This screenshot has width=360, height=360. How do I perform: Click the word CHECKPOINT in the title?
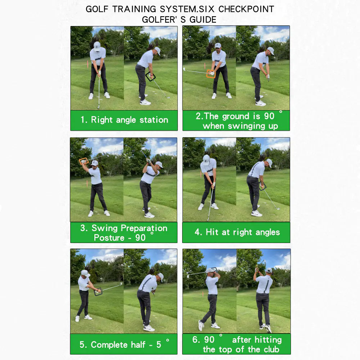[246, 9]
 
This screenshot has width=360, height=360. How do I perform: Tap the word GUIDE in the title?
[203, 19]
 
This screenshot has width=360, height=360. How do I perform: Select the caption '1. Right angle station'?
[124, 120]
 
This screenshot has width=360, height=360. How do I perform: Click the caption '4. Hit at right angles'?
[237, 232]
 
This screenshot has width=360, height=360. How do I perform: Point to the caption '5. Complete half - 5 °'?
[124, 345]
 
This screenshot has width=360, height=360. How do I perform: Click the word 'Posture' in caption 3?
[109, 238]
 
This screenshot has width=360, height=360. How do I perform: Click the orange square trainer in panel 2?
[211, 73]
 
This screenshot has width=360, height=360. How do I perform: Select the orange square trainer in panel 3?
[84, 161]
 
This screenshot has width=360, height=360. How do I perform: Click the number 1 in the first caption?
[83, 120]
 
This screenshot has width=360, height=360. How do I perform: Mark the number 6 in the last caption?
[195, 340]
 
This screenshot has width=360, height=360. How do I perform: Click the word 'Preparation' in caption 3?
[144, 228]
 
